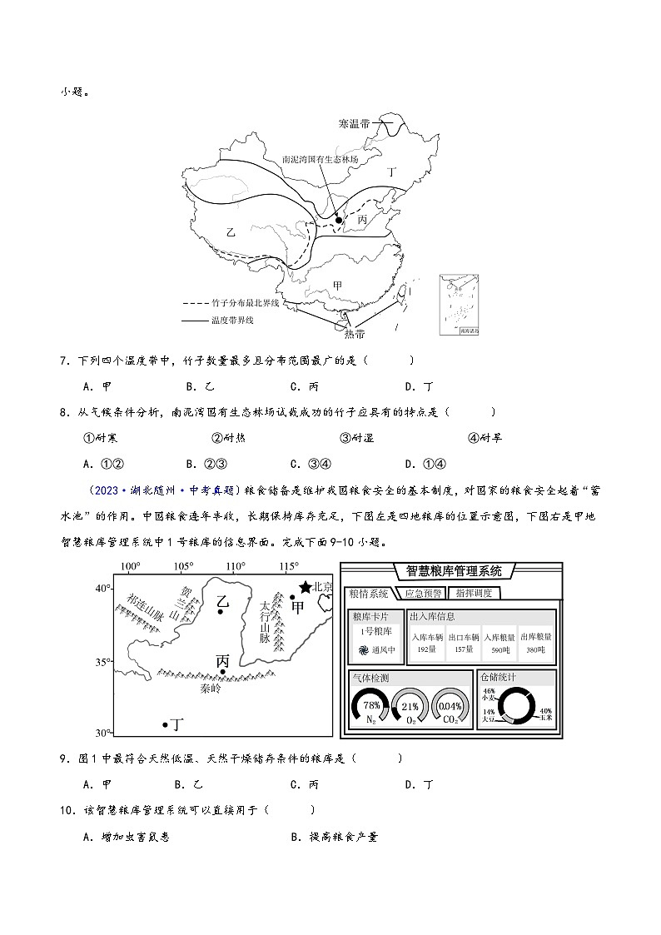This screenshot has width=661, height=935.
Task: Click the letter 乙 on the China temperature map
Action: point(231,232)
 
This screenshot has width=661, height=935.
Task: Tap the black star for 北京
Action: point(306,587)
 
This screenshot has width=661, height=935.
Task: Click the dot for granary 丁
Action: point(165,725)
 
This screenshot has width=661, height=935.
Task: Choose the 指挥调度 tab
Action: point(473,593)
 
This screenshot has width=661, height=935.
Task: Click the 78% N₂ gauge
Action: point(371,706)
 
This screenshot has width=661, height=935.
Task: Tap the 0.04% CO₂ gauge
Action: point(450,706)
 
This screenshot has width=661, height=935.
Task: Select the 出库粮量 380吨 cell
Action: point(535,644)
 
